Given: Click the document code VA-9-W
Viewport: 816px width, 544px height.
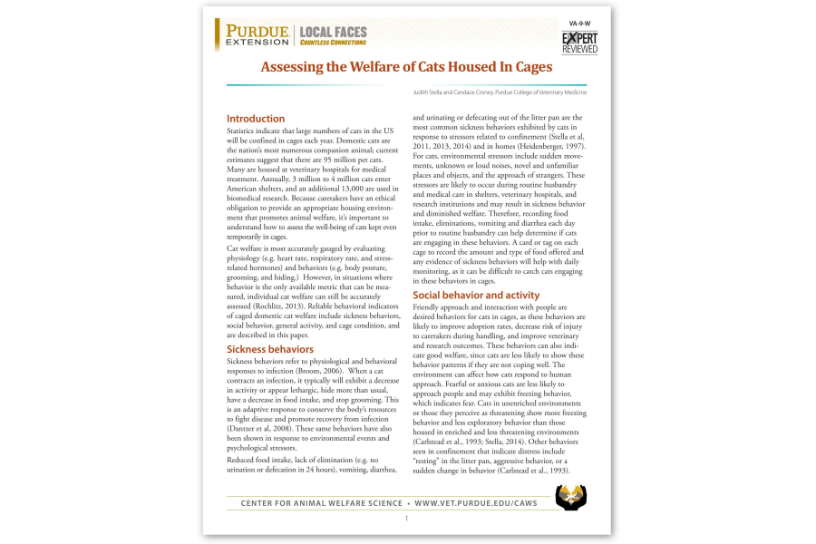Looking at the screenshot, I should coord(579,23).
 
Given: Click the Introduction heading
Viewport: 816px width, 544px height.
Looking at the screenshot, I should coord(255,119).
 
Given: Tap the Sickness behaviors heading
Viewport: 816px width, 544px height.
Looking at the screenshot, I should coord(269,349).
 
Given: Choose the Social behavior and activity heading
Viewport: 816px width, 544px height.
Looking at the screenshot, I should coord(475,295).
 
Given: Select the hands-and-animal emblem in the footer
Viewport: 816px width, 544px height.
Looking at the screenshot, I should coord(570,496).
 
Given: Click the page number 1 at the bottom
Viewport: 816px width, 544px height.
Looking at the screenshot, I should coord(407,519).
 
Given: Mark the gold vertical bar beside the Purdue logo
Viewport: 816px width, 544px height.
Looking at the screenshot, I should coord(218,35).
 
